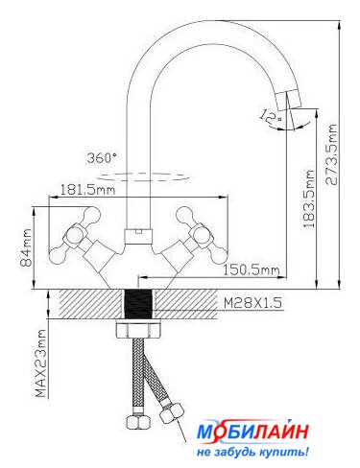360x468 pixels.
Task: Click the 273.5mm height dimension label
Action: click(331, 154)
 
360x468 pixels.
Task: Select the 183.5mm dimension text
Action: click(309, 199)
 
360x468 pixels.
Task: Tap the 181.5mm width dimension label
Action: click(87, 190)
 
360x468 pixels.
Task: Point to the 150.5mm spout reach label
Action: click(252, 270)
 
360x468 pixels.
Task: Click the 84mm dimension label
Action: click(27, 247)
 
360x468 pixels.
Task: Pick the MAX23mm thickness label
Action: click(41, 363)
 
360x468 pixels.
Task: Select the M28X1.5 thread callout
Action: click(252, 302)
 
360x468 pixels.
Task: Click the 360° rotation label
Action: click(102, 158)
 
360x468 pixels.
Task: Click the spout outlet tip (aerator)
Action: click(289, 100)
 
